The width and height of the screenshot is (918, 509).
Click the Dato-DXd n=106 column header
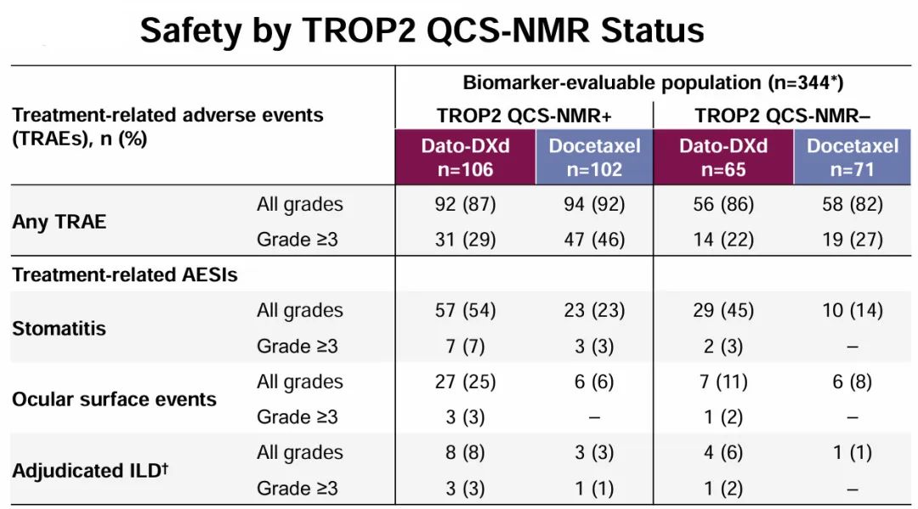pyautogui.click(x=465, y=157)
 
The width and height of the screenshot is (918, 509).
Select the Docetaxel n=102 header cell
pyautogui.click(x=594, y=157)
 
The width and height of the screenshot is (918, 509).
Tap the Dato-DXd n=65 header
pyautogui.click(x=722, y=157)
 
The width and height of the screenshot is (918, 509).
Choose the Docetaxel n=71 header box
pyautogui.click(x=852, y=157)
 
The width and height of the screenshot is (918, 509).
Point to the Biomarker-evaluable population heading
pyautogui.click(x=653, y=82)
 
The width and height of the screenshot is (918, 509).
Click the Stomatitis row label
pyautogui.click(x=59, y=328)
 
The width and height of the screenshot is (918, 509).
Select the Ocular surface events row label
pyautogui.click(x=114, y=399)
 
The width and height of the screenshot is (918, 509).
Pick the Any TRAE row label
pyautogui.click(x=59, y=222)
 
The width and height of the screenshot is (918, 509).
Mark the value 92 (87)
pyautogui.click(x=465, y=205)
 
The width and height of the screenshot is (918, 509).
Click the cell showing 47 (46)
pyautogui.click(x=594, y=240)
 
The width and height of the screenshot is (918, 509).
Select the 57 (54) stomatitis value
pyautogui.click(x=465, y=310)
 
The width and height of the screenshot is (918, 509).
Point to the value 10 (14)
pyautogui.click(x=852, y=310)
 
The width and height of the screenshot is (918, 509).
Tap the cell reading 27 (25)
pyautogui.click(x=465, y=382)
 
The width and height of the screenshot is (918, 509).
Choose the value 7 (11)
pyautogui.click(x=722, y=382)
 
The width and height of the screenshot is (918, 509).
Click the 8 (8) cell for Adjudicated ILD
pyautogui.click(x=465, y=452)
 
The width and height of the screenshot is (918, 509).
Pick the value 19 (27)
pyautogui.click(x=852, y=240)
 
